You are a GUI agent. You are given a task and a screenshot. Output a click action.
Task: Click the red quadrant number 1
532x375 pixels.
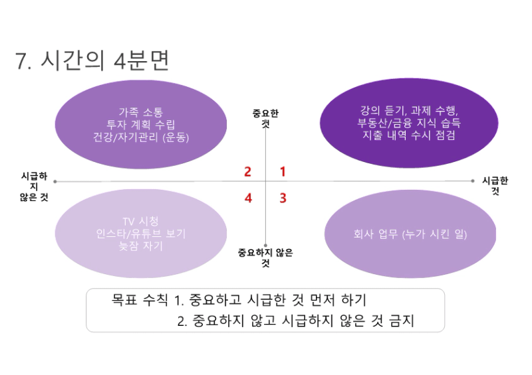(283, 172)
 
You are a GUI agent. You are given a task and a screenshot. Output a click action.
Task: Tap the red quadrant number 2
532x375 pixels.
(247, 172)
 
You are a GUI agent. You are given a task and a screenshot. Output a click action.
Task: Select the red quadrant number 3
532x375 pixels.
(283, 198)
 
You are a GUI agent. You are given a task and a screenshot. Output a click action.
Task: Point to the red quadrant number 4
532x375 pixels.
(248, 198)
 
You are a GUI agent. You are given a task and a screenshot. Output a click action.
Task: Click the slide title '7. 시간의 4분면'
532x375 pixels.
(92, 60)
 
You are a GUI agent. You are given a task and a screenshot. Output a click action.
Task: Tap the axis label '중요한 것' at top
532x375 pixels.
(265, 118)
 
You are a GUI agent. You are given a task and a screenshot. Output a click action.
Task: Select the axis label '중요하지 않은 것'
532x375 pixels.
(265, 258)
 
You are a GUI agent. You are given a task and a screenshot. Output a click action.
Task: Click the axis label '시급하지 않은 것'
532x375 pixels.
(34, 187)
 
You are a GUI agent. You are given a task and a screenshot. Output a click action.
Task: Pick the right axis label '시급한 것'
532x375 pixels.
(495, 186)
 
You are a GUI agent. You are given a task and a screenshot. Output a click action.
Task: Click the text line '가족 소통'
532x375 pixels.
(141, 112)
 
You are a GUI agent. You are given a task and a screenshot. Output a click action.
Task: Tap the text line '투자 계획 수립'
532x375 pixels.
(141, 125)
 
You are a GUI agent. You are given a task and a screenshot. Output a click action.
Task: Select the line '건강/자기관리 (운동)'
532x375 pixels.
(141, 137)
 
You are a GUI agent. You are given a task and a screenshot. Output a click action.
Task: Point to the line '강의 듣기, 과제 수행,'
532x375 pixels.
(409, 110)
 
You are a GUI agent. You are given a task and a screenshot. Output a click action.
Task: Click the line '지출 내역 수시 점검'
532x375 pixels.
(409, 135)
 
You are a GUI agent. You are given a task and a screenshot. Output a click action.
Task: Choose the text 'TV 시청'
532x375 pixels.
(141, 222)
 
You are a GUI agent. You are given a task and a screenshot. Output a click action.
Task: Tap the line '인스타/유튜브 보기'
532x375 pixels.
(141, 234)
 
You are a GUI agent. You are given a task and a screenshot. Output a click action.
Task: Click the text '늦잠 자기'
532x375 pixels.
(141, 246)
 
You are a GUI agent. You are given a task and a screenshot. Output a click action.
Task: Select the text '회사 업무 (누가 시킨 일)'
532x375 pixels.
(410, 234)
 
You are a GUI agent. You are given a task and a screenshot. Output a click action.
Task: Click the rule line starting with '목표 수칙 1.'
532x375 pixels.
(239, 300)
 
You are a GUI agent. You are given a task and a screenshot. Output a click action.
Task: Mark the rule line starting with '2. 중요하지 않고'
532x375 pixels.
(295, 321)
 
